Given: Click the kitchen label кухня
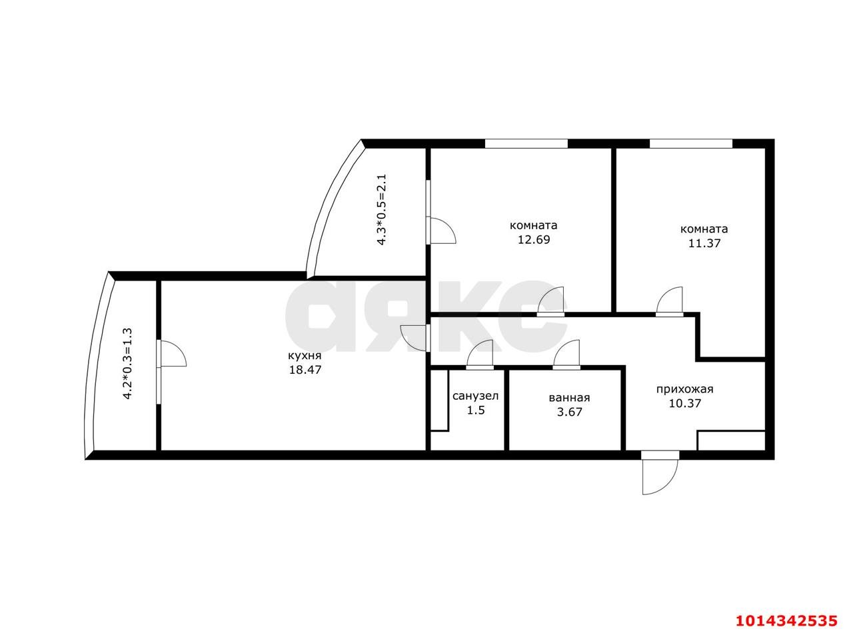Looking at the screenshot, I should [x=305, y=355].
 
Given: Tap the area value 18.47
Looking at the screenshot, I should [x=305, y=370].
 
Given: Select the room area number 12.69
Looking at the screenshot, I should [x=534, y=240].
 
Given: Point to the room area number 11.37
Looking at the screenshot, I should [x=704, y=243].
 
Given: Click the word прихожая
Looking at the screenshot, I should [x=684, y=389].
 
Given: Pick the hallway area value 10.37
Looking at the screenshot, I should [x=684, y=403].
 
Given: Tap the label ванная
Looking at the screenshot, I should [x=569, y=398].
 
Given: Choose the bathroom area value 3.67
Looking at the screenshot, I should [x=569, y=412].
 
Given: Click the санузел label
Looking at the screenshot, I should [x=475, y=396].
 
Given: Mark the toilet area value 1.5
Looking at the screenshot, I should [x=475, y=410].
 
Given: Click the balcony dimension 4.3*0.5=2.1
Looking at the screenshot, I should [x=382, y=210].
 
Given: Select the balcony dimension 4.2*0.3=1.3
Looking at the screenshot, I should [x=128, y=363].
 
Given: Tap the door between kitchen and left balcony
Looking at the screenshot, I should [x=171, y=354].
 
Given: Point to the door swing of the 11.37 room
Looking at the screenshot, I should [x=670, y=301].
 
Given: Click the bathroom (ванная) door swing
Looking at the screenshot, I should [x=566, y=354].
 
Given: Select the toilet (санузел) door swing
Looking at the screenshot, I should [x=480, y=354].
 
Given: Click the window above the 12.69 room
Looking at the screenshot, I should [x=526, y=143].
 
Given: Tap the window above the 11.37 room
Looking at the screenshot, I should [x=690, y=143].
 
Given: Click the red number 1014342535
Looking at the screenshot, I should [x=786, y=621].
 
